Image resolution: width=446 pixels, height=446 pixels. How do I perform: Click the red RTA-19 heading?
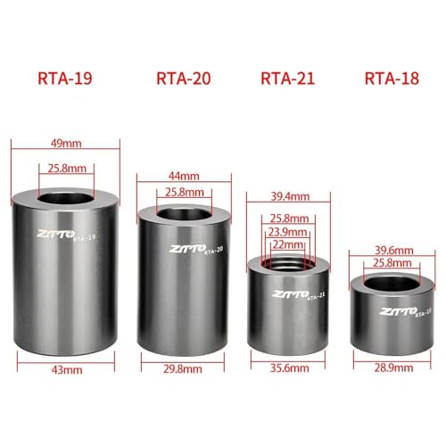tap(65, 78)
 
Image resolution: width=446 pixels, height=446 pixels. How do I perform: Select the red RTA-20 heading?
tap(184, 78)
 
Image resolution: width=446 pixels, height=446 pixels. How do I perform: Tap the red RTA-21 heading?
tap(287, 78)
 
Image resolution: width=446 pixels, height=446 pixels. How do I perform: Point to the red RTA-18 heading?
tap(392, 78)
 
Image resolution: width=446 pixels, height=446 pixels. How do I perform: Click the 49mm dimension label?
tap(66, 144)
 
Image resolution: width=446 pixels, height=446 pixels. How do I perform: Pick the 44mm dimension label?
tap(184, 176)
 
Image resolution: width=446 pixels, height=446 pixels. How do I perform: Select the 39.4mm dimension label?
tap(290, 196)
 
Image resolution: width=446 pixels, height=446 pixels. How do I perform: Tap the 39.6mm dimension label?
tap(393, 251)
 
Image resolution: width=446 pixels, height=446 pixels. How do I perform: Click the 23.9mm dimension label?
tap(287, 232)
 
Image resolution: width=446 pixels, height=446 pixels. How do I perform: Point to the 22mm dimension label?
tap(288, 244)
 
